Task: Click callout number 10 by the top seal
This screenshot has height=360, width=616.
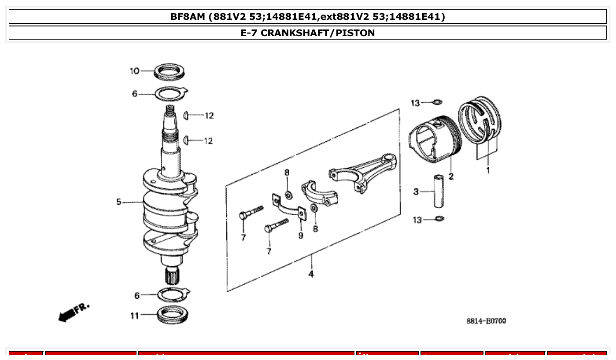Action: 134,71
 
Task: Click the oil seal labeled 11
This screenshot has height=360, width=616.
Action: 171,315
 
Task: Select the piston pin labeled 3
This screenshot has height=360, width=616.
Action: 439,192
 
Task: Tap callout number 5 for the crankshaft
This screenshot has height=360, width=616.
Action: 118,202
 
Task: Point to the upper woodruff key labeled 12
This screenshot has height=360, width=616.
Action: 187,115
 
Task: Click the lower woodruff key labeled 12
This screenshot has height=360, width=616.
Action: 187,140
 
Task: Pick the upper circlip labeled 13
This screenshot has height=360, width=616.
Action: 437,103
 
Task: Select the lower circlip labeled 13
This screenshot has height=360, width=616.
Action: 439,219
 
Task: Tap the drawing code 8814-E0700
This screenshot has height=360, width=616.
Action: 486,321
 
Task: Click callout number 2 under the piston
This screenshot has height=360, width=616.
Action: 451,177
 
